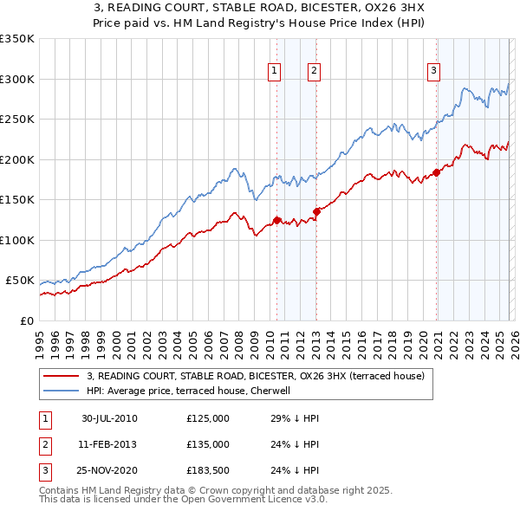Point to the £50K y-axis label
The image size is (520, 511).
(x=20, y=281)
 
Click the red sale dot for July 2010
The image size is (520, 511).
(x=277, y=220)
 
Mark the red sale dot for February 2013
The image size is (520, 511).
(x=316, y=211)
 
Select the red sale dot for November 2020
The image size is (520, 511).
(x=436, y=172)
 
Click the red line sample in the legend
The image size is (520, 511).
(x=62, y=376)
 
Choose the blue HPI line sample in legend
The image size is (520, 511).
(x=62, y=391)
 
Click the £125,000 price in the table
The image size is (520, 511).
(x=208, y=418)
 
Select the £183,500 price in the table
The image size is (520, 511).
(x=208, y=470)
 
